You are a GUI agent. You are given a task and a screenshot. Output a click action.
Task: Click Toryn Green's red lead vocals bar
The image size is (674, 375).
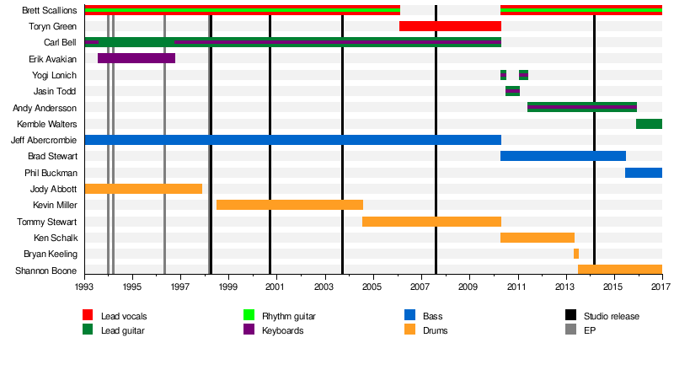point(450,26)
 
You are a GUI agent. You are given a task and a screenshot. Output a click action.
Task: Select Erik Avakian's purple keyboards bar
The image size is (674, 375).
point(136,58)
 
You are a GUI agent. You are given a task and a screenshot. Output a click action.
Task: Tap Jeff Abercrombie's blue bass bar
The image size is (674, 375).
point(292,140)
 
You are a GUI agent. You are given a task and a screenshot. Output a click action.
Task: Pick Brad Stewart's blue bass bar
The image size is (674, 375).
point(563,156)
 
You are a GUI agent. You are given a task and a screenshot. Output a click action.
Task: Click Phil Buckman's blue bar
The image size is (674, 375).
point(643,173)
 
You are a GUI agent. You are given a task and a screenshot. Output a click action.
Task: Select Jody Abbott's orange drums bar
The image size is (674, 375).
point(143,189)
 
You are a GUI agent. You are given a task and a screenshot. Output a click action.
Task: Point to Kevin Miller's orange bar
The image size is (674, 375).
point(290,205)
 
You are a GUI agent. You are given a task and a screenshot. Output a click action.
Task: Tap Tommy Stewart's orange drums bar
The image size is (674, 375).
point(431,222)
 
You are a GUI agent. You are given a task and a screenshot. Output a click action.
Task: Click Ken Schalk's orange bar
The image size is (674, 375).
point(538,238)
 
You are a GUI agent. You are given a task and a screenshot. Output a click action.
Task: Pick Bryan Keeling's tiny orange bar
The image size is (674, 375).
point(576,254)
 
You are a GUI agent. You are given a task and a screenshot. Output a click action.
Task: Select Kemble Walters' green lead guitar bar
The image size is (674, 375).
point(649,124)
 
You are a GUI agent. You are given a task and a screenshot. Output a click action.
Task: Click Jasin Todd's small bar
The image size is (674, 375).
point(512,91)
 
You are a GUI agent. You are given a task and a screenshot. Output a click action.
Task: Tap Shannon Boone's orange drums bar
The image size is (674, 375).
point(619,270)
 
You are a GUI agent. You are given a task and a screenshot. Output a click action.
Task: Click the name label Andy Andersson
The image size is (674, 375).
point(45,108)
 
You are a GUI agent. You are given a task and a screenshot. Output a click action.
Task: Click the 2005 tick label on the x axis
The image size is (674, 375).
point(372,287)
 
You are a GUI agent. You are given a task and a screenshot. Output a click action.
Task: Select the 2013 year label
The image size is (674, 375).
point(564,287)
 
